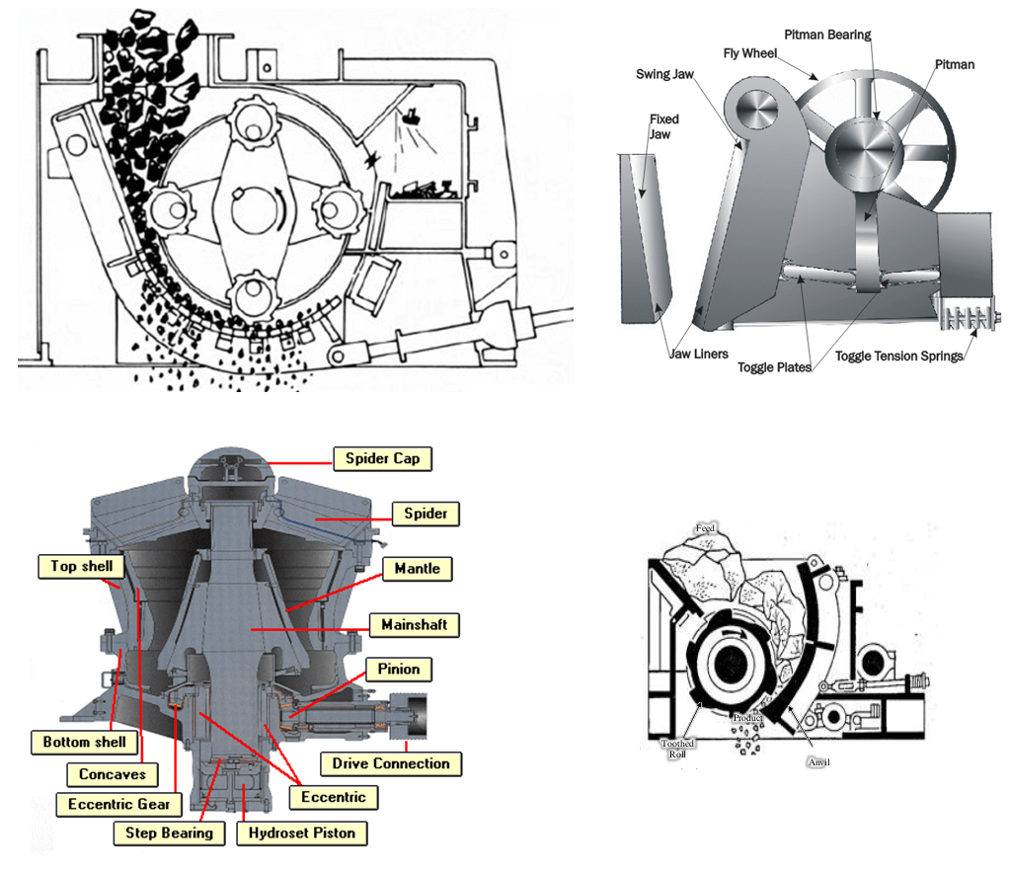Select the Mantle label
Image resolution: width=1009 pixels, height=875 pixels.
tap(417, 569)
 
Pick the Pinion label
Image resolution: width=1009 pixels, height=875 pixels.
tap(398, 669)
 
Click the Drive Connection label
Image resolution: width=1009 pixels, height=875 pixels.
tap(390, 763)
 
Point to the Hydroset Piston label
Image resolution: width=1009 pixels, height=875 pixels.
tap(301, 833)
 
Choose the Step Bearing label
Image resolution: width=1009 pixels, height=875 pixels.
tap(169, 833)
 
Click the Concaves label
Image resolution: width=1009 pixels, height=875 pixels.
tap(113, 774)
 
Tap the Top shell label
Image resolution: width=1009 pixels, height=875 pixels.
tap(81, 566)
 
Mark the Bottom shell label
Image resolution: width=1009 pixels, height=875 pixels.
tap(85, 742)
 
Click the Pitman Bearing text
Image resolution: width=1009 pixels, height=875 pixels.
tap(827, 36)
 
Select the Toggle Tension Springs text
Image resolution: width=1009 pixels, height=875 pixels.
tap(898, 356)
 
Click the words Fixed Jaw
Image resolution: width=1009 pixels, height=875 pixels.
tap(663, 126)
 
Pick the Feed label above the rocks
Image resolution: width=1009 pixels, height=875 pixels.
tap(705, 528)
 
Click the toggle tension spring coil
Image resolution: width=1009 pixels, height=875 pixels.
tap(965, 320)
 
